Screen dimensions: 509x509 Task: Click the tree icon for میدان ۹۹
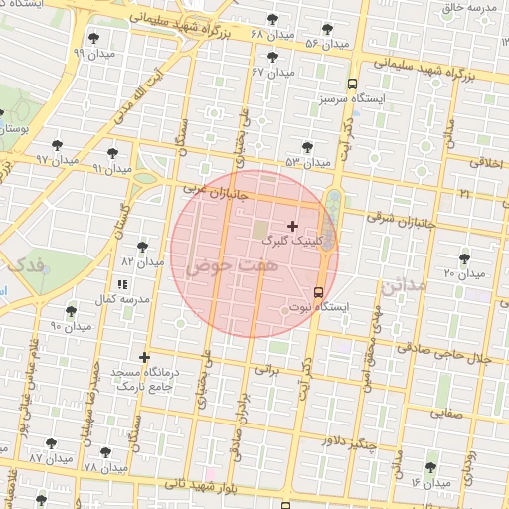pos(93,38)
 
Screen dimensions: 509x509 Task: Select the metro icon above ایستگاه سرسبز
pos(352,84)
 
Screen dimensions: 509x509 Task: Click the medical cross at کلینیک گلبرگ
pos(292,226)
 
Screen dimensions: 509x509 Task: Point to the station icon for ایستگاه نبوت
pos(318,292)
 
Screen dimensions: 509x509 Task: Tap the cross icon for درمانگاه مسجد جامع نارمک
pos(145,357)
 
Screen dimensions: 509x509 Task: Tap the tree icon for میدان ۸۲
pos(142,246)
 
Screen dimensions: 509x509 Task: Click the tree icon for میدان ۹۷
pos(56,144)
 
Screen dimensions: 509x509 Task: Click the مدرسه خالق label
pos(471,8)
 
